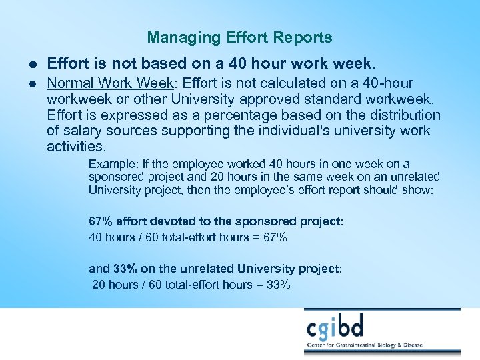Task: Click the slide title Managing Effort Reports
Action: click(239, 37)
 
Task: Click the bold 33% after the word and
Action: click(125, 269)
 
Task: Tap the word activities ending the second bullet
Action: click(75, 146)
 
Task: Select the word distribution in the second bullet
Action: click(407, 115)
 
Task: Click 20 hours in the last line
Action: click(113, 285)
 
